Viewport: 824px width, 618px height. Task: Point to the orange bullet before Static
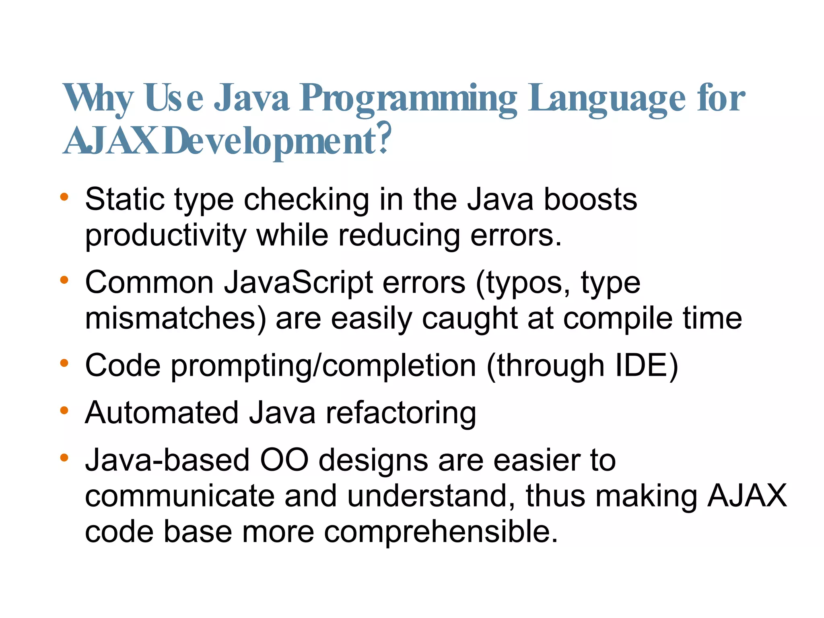[64, 197]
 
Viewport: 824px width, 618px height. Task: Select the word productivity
[165, 235]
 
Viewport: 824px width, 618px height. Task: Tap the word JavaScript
[298, 282]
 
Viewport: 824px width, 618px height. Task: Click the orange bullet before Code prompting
[64, 363]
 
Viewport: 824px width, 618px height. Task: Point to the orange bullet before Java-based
[64, 457]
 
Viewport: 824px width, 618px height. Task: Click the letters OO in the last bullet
[284, 460]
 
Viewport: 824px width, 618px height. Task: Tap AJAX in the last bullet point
[747, 496]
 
